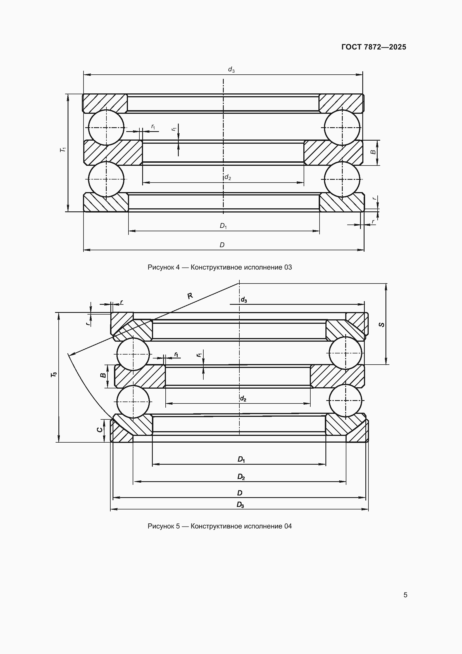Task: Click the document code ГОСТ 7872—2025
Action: (374, 47)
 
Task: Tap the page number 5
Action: (405, 595)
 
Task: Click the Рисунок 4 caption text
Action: (220, 267)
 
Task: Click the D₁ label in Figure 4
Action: (223, 226)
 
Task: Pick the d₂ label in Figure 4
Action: (228, 178)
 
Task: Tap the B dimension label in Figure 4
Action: (373, 152)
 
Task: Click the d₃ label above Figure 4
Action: (231, 70)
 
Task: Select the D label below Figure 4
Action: (222, 245)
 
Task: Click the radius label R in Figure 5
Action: (190, 296)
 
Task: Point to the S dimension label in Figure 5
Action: (382, 324)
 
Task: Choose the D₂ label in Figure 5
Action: (241, 477)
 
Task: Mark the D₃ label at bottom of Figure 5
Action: (240, 505)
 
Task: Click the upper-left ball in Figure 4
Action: (106, 128)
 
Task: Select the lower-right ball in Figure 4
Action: (342, 179)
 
